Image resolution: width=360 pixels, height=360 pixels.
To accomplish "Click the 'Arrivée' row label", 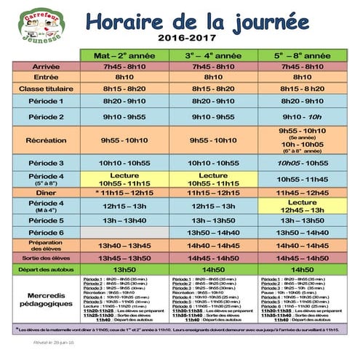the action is tap(46, 67).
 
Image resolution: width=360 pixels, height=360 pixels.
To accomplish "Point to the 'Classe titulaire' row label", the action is tap(46, 88).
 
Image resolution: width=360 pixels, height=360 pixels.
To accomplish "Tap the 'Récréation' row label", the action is tap(46, 140).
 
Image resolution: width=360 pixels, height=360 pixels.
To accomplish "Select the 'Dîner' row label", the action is tap(46, 193).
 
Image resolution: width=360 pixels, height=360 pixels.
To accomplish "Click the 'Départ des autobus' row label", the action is tap(46, 270).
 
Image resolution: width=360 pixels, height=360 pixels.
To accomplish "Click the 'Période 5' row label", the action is tap(46, 220).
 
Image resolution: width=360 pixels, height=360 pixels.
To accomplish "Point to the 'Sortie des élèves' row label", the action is tap(46, 258).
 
